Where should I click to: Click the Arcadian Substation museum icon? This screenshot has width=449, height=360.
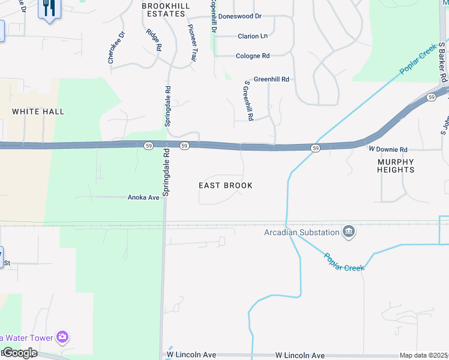click(349, 232)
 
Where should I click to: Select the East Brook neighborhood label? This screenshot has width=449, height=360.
click(226, 185)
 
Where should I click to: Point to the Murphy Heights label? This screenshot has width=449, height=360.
click(396, 166)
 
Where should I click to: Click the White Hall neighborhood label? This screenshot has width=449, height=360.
click(38, 112)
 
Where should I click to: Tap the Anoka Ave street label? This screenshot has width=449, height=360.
click(143, 197)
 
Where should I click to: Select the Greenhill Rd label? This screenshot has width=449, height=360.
click(271, 79)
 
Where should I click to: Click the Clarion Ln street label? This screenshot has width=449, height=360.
click(252, 36)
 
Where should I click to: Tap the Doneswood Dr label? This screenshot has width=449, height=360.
click(240, 17)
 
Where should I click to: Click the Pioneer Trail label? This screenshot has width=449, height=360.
click(192, 43)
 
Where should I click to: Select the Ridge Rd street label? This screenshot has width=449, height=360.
click(154, 40)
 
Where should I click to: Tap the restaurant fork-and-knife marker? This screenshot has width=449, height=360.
click(49, 8)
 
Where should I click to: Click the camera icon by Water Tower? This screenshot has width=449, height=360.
click(62, 337)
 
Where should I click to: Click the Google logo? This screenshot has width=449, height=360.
click(19, 353)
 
